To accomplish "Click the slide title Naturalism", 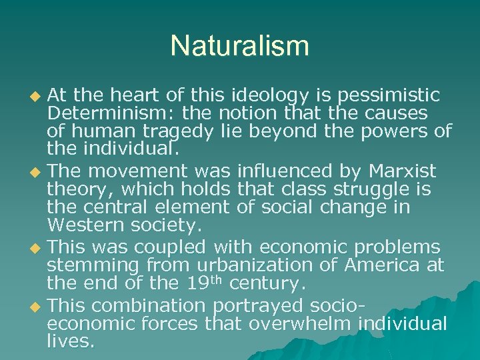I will pos(240,46).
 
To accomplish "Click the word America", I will pos(380,265).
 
